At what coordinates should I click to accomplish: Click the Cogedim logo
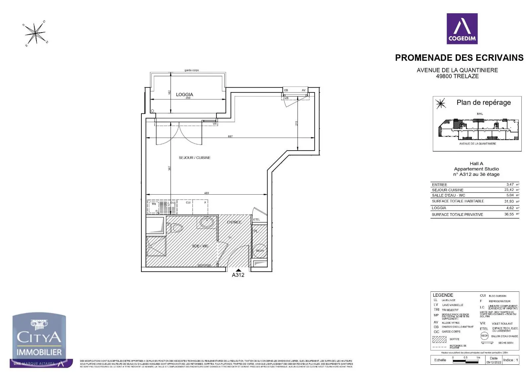[x=462, y=29]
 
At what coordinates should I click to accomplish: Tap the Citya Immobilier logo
[x=39, y=340]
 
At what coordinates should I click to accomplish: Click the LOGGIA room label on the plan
[x=184, y=94]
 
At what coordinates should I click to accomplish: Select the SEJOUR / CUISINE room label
[x=194, y=158]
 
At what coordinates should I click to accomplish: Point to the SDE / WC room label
[x=200, y=246]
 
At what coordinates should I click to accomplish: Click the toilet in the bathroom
[x=176, y=228]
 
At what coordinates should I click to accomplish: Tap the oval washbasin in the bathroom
[x=207, y=222]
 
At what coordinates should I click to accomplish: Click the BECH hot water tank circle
[x=260, y=251]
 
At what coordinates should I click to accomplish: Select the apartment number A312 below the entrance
[x=238, y=275]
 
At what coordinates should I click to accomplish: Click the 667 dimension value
[x=230, y=136]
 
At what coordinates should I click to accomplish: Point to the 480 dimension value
[x=206, y=193]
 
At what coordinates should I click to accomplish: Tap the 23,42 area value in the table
[x=509, y=190]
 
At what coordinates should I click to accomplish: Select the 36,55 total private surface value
[x=509, y=215]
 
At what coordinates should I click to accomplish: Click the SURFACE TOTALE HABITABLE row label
[x=458, y=201]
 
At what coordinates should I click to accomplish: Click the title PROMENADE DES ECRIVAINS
[x=459, y=58]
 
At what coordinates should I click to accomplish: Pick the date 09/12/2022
[x=493, y=362]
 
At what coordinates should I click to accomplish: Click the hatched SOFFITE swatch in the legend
[x=439, y=339]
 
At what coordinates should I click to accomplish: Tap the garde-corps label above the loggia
[x=191, y=70]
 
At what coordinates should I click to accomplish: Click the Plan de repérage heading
[x=484, y=103]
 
